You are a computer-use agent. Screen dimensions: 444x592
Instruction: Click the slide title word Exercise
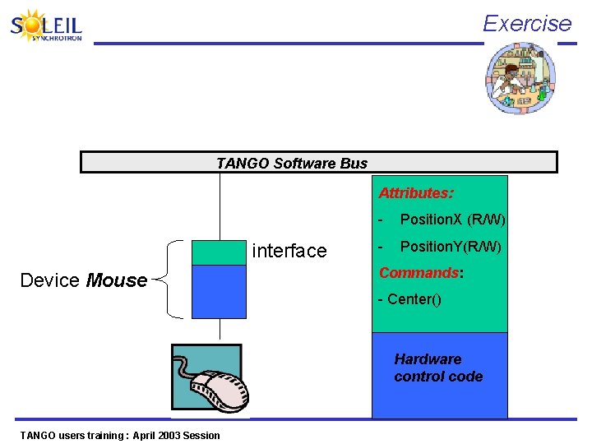pos(526,23)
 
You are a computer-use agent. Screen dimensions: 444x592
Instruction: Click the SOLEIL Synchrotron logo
pos(47,26)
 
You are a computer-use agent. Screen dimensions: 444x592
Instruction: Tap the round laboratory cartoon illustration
pos(520,78)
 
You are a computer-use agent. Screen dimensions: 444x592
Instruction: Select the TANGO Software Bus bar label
pos(291,163)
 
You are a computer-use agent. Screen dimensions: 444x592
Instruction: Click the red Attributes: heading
pos(415,193)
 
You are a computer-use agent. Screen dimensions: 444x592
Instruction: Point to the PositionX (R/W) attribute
pos(451,220)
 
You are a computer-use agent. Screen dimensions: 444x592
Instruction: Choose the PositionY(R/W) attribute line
pos(450,247)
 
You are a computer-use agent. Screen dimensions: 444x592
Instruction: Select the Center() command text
pos(409,298)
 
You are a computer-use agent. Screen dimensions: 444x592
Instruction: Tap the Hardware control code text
pos(437,368)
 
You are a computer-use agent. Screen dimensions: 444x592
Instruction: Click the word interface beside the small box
pos(289,251)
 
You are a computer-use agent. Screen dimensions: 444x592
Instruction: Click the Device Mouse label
pos(83,280)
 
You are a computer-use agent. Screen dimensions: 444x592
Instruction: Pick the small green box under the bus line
pos(219,252)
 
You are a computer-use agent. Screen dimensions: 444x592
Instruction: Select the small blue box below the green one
pos(219,291)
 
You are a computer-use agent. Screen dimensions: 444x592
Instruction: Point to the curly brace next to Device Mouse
pos(171,279)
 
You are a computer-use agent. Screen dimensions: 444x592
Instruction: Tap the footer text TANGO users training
pos(120,435)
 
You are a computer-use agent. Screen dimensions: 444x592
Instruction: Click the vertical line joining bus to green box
pos(220,206)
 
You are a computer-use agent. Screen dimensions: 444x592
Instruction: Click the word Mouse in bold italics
pos(117,280)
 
